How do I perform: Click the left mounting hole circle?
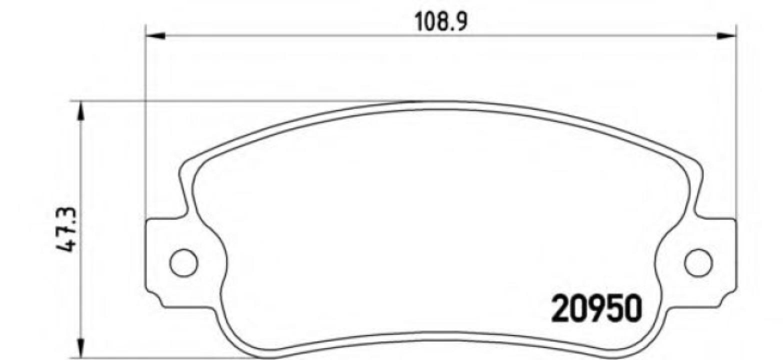(x=183, y=262)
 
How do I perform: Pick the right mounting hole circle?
(x=698, y=262)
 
